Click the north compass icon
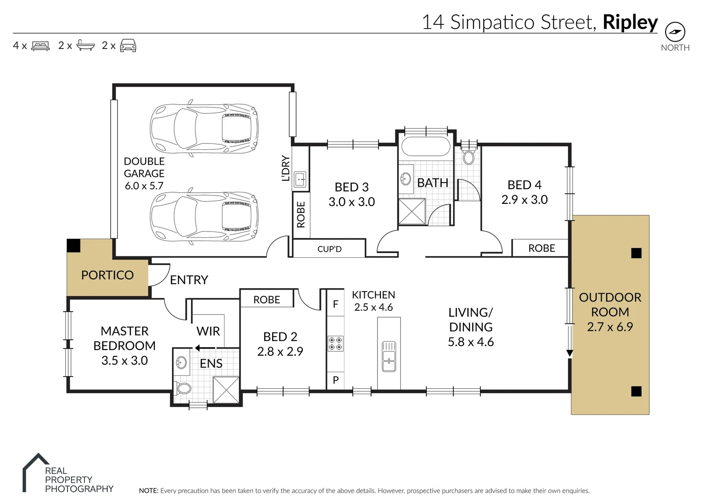pyautogui.click(x=675, y=32)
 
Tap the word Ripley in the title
pyautogui.click(x=630, y=22)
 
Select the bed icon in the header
pyautogui.click(x=40, y=46)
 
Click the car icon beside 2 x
pyautogui.click(x=128, y=45)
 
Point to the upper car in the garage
pyautogui.click(x=204, y=128)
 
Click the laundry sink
pyautogui.click(x=300, y=178)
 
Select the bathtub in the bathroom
pyautogui.click(x=426, y=147)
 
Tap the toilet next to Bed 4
pyautogui.click(x=468, y=157)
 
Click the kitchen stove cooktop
pyautogui.click(x=335, y=344)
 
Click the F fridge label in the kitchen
pyautogui.click(x=336, y=304)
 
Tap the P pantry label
pyautogui.click(x=336, y=380)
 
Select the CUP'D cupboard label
pyautogui.click(x=329, y=249)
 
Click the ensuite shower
pyautogui.click(x=226, y=390)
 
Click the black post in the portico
pyautogui.click(x=73, y=245)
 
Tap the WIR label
pyautogui.click(x=208, y=331)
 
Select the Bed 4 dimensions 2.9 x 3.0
pyautogui.click(x=524, y=200)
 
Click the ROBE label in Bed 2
pyautogui.click(x=266, y=300)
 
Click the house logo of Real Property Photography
pyautogui.click(x=35, y=473)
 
